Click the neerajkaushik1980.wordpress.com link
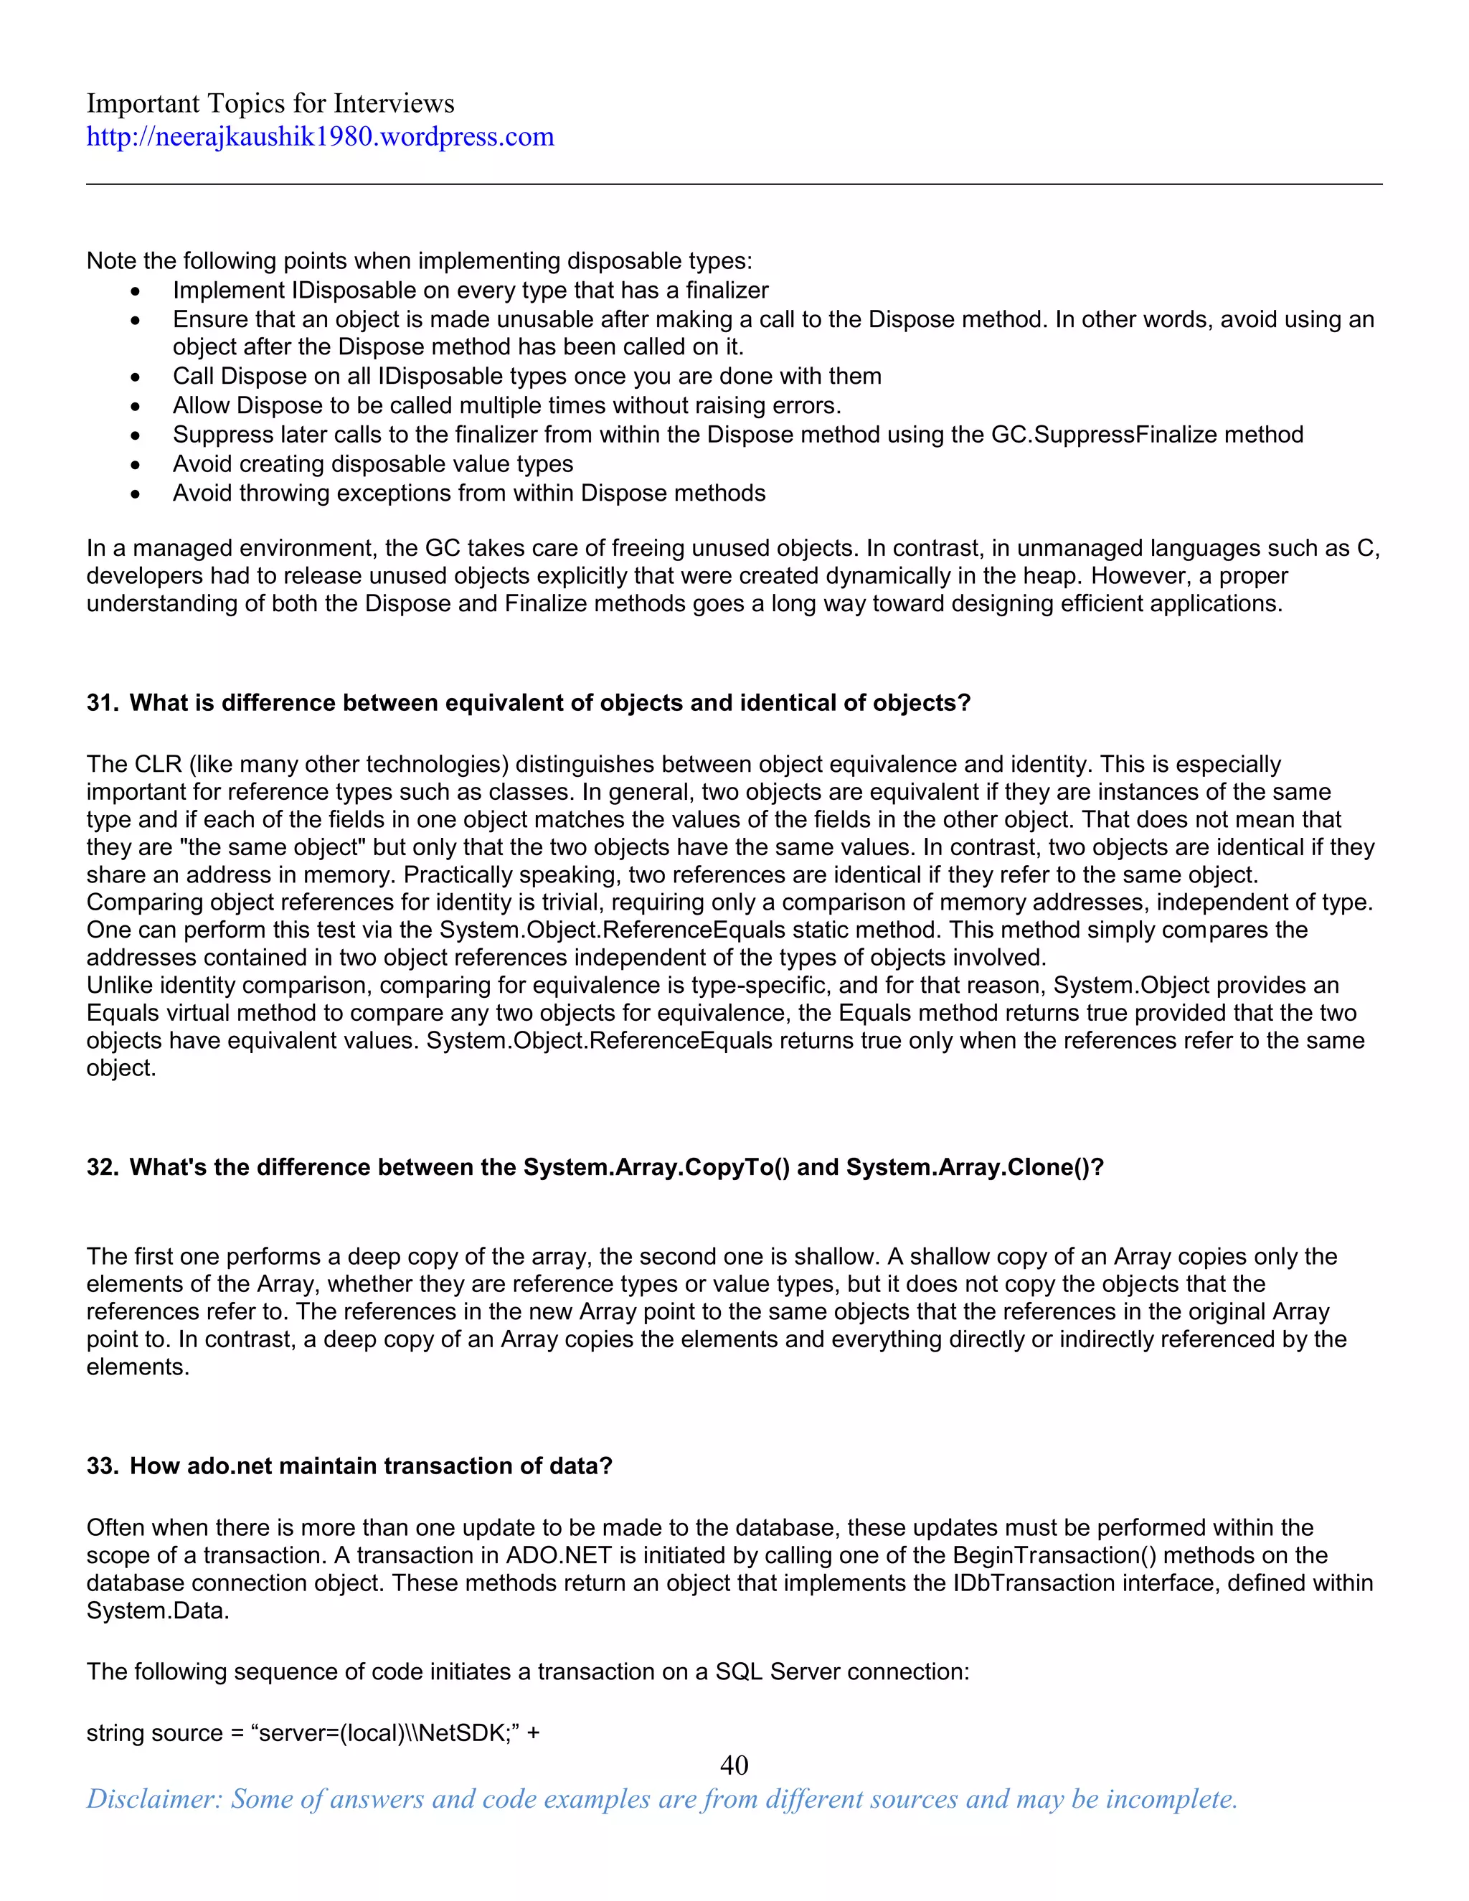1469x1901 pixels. pos(319,136)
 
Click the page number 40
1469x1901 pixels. pos(734,1765)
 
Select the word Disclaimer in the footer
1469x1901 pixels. pos(154,1799)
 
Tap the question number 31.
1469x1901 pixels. pos(102,703)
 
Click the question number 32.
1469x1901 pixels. pos(102,1167)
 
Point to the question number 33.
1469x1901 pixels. pos(102,1466)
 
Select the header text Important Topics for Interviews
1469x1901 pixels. pos(270,103)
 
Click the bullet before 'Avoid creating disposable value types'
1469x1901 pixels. pos(135,465)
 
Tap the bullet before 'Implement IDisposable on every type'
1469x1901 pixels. pos(135,291)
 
